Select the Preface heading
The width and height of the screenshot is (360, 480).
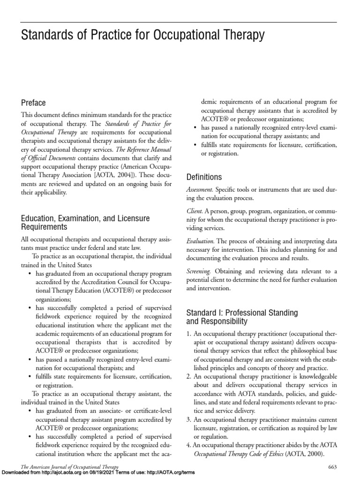(33, 103)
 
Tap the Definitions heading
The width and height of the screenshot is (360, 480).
(204, 177)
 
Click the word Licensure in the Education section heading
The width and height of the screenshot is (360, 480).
(128, 218)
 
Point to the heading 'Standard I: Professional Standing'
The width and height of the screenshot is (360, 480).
(242, 312)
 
